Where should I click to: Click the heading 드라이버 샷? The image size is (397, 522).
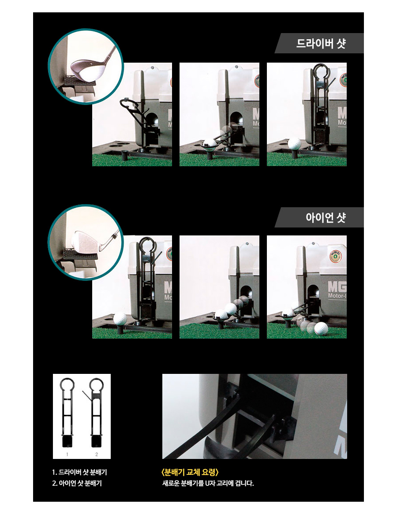pyautogui.click(x=321, y=44)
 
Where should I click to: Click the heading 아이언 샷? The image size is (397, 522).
pyautogui.click(x=326, y=218)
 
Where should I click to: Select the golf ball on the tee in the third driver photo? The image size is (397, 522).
pyautogui.click(x=294, y=144)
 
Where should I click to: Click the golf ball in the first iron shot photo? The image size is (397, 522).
pyautogui.click(x=120, y=318)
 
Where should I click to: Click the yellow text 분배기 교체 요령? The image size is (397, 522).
pyautogui.click(x=190, y=472)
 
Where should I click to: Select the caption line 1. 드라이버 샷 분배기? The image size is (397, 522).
pyautogui.click(x=79, y=472)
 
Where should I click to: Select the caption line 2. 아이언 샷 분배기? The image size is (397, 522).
pyautogui.click(x=77, y=483)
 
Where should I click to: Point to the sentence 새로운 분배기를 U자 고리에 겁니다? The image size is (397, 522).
pyautogui.click(x=208, y=483)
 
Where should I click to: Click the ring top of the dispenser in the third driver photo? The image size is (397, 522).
pyautogui.click(x=319, y=71)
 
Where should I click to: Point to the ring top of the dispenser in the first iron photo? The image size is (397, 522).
pyautogui.click(x=147, y=245)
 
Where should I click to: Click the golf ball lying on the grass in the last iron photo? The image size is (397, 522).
pyautogui.click(x=321, y=328)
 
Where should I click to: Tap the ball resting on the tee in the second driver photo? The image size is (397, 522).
pyautogui.click(x=210, y=143)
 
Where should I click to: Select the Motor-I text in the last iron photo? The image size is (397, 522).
pyautogui.click(x=337, y=295)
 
